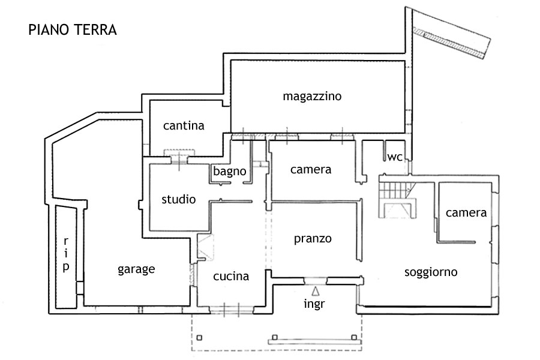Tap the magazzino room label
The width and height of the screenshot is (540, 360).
(312, 96)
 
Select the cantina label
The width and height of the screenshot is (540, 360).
(184, 126)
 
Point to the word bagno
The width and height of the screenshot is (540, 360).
(230, 172)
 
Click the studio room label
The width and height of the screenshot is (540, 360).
(178, 199)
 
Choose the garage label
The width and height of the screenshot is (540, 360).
(136, 269)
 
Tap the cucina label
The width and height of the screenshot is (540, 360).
(231, 277)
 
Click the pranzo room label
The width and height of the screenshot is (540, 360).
(313, 239)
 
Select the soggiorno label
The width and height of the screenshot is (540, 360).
(431, 272)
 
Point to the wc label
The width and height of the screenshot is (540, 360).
(394, 157)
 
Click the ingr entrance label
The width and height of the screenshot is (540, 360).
(314, 304)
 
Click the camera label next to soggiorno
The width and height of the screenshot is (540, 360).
(466, 213)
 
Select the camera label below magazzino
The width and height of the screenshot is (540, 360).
(310, 170)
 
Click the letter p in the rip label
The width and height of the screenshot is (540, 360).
(65, 267)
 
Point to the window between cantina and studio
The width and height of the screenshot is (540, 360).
(179, 157)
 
